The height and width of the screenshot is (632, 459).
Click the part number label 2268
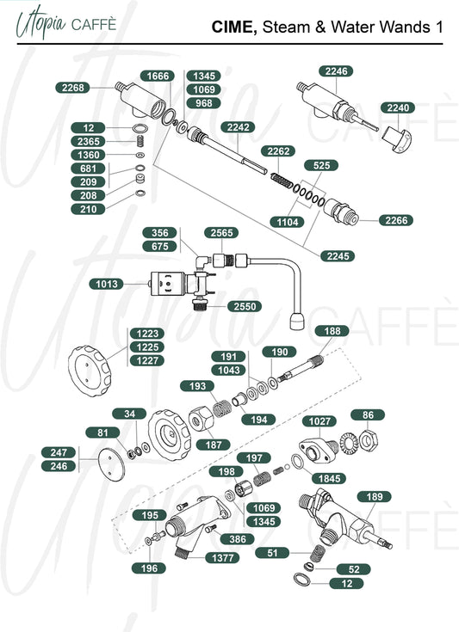click(72, 88)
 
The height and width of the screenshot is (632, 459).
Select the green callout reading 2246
click(336, 71)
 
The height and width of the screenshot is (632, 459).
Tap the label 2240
click(398, 107)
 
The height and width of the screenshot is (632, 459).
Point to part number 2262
click(278, 150)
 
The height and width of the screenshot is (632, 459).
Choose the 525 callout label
click(321, 165)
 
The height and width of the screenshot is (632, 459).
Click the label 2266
click(396, 220)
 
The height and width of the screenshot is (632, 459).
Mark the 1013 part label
click(107, 284)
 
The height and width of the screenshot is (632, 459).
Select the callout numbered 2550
click(245, 306)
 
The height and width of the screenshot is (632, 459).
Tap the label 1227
click(147, 360)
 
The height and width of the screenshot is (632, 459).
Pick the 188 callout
click(332, 331)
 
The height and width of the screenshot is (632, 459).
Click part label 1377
click(222, 557)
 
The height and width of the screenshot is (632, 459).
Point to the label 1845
click(329, 478)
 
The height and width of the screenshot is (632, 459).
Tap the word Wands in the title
click(405, 27)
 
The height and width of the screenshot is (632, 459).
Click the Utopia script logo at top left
click(40, 23)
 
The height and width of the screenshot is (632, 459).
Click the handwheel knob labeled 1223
click(90, 371)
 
